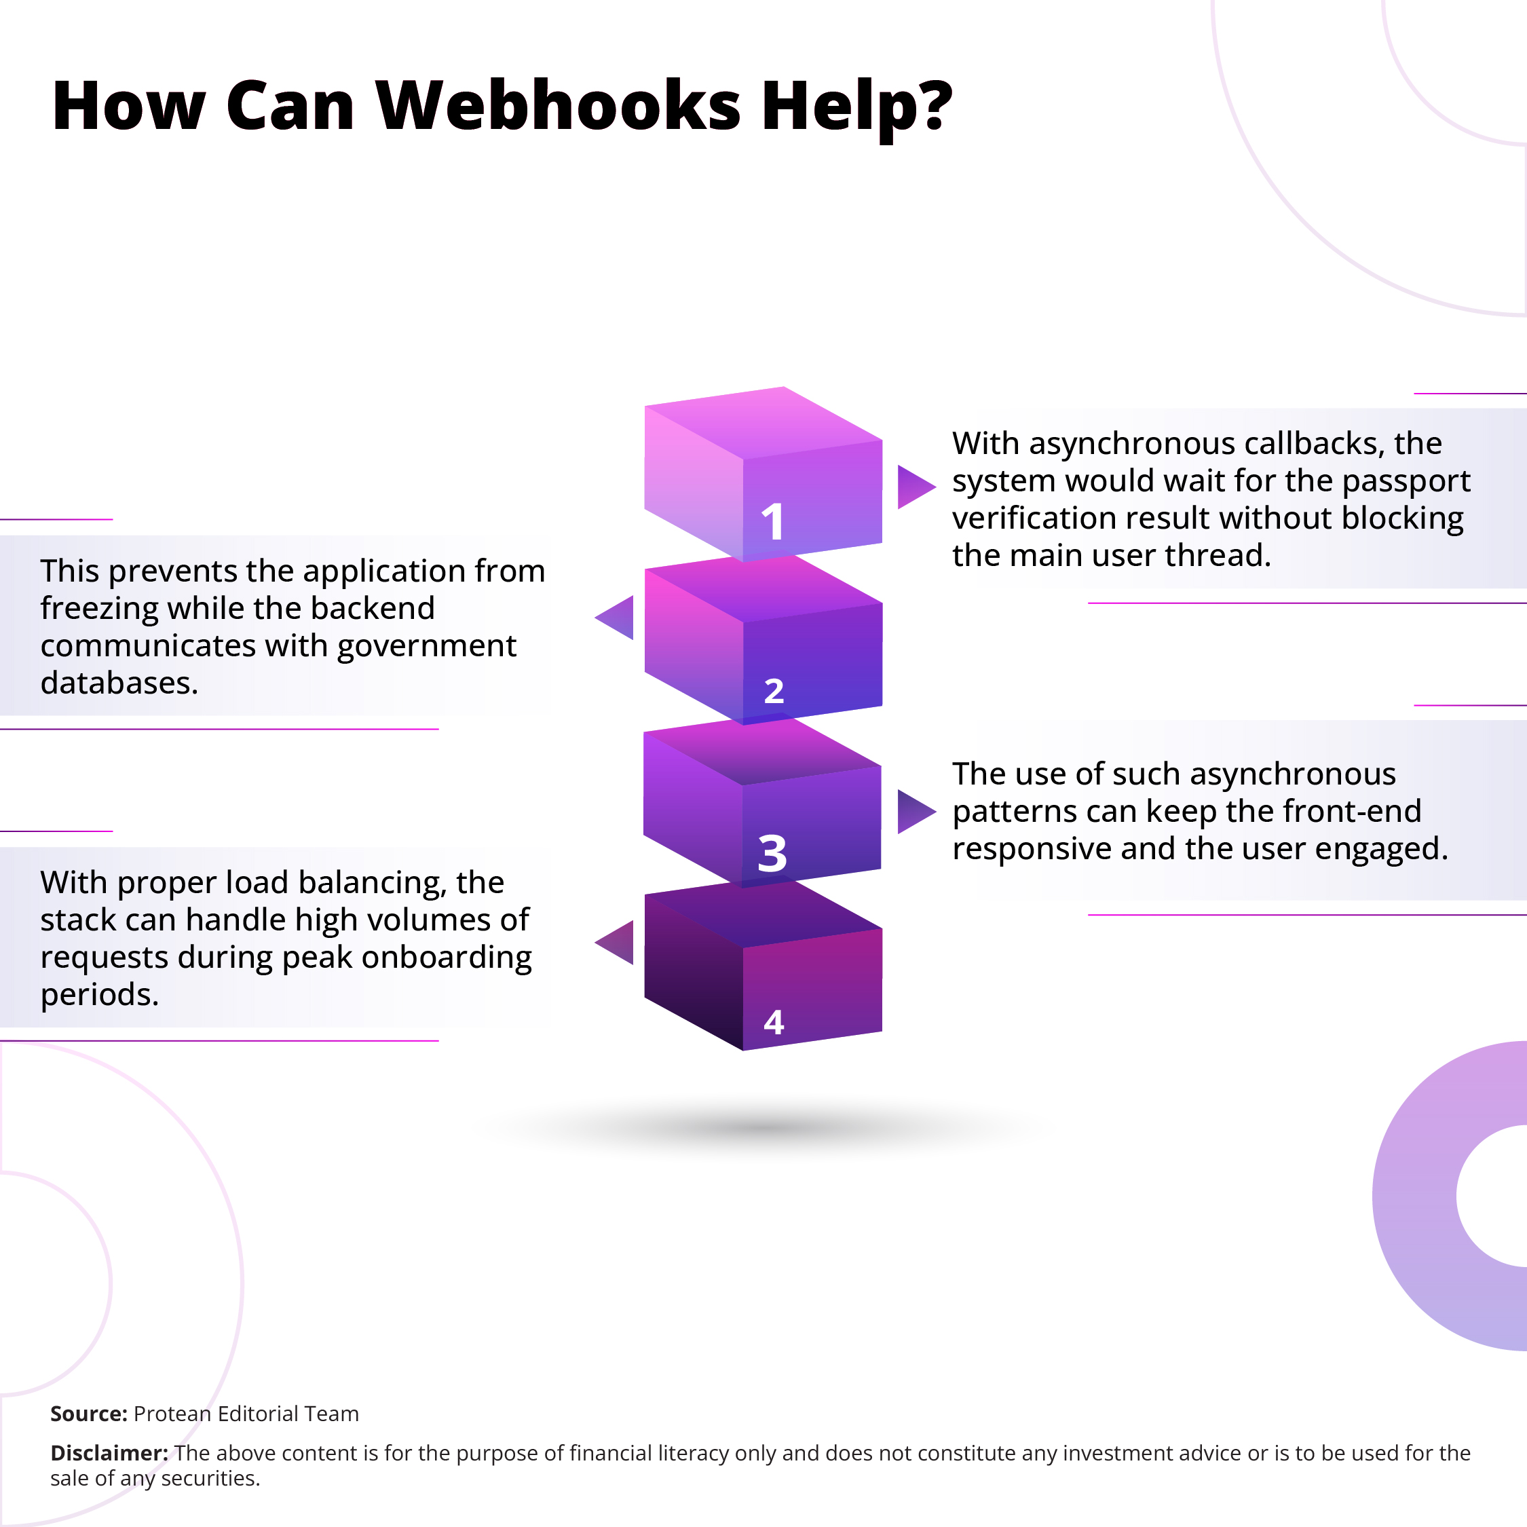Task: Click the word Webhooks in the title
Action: pyautogui.click(x=558, y=105)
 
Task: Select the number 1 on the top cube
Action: pyautogui.click(x=772, y=522)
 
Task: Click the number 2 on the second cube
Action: pyautogui.click(x=774, y=691)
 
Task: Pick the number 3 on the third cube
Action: pyautogui.click(x=772, y=854)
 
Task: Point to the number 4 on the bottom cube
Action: pyautogui.click(x=774, y=1022)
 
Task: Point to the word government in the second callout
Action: pyautogui.click(x=427, y=645)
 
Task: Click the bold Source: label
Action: pyautogui.click(x=88, y=1414)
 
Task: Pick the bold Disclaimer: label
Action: pyautogui.click(x=109, y=1453)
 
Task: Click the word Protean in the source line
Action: pyautogui.click(x=172, y=1414)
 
